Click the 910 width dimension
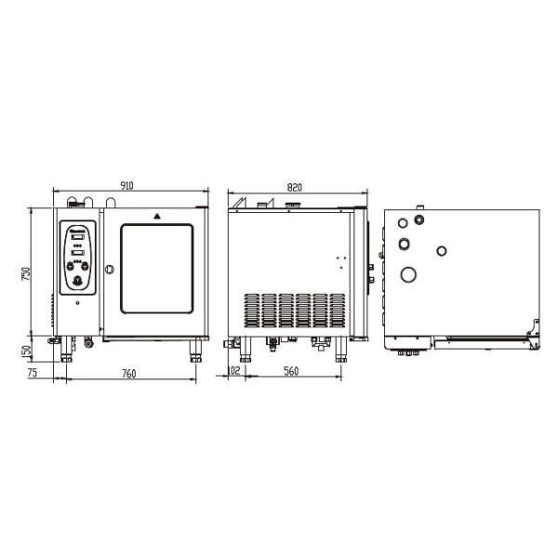[127, 186]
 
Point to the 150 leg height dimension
[26, 353]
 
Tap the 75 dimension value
[32, 374]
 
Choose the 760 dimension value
[128, 374]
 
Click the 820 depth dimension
[294, 186]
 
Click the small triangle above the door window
[157, 216]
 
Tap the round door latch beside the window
[109, 270]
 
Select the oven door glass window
[157, 270]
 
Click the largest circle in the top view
[407, 274]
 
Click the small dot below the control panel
[78, 303]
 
